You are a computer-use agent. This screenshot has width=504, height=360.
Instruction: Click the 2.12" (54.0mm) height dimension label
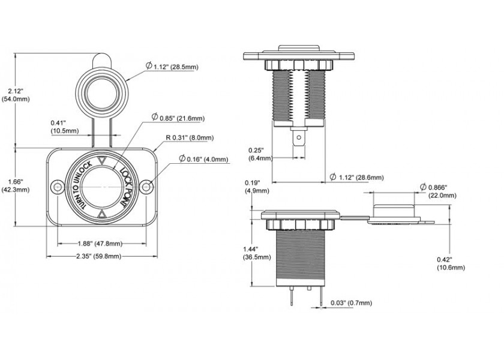pyautogui.click(x=16, y=94)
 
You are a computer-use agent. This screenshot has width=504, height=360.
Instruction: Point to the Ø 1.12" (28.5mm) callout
pyautogui.click(x=172, y=67)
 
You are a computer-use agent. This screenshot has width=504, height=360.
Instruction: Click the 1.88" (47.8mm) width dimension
pyautogui.click(x=100, y=244)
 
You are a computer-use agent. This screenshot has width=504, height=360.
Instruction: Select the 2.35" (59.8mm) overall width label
pyautogui.click(x=100, y=256)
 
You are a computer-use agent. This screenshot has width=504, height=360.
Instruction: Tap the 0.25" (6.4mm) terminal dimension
pyautogui.click(x=259, y=154)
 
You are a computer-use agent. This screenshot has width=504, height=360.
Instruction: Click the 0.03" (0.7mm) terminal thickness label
pyautogui.click(x=351, y=302)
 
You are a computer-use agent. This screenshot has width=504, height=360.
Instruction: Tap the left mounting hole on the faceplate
pyautogui.click(x=58, y=187)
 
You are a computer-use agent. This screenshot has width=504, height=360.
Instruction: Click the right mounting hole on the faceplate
pyautogui.click(x=145, y=187)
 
